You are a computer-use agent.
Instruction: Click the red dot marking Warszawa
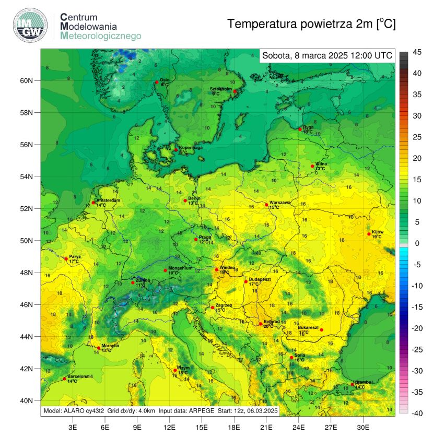(x=266, y=205)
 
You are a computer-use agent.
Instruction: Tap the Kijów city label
(x=378, y=232)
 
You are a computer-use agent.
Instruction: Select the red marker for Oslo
(x=156, y=82)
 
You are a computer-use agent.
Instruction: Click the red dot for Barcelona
(x=64, y=379)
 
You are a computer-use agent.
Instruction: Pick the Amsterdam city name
(x=109, y=201)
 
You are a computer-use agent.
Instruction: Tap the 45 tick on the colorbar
(x=418, y=52)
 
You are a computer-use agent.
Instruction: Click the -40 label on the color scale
(x=418, y=413)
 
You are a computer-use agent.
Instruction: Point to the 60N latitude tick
(x=27, y=81)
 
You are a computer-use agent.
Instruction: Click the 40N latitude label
(x=27, y=400)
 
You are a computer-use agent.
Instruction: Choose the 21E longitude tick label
(x=266, y=427)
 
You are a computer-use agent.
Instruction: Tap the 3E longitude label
(x=73, y=427)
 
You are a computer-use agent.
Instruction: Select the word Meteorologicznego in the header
(x=100, y=36)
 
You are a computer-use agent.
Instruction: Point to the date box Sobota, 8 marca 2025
(x=327, y=55)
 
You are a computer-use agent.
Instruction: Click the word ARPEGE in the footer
(x=201, y=411)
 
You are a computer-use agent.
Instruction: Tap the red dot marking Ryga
(x=300, y=129)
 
